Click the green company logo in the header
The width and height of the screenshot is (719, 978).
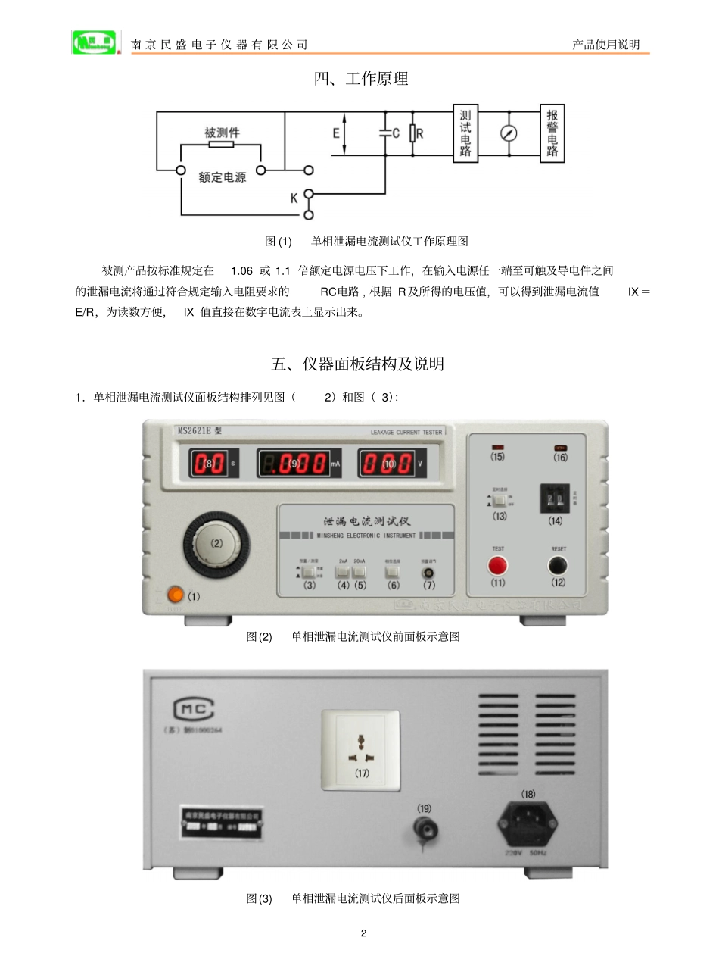[x=94, y=42]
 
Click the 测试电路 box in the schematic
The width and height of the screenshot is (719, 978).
[x=465, y=133]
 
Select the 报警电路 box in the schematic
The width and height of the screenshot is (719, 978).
[x=552, y=133]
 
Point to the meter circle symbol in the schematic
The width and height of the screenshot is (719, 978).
[x=509, y=133]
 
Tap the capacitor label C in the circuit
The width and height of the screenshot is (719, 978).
[x=396, y=133]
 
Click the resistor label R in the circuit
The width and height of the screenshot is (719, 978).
[x=420, y=133]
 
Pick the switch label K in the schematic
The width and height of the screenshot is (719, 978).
[x=294, y=198]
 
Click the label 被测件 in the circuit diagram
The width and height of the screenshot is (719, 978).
[x=222, y=133]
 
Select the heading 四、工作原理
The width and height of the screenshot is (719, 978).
[x=361, y=79]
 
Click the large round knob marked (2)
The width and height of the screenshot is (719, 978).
[x=216, y=544]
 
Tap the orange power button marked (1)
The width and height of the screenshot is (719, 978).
[x=175, y=595]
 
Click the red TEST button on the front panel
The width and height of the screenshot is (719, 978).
[x=497, y=565]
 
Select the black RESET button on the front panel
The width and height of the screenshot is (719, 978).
[x=558, y=565]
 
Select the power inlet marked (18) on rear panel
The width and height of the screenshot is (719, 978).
[x=528, y=824]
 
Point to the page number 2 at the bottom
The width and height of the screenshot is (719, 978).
[x=363, y=933]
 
